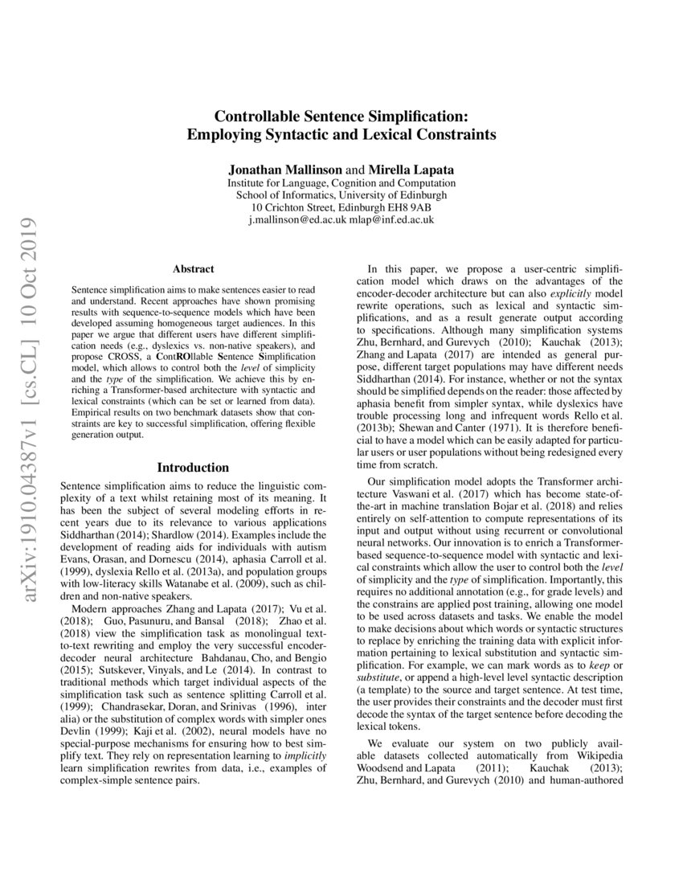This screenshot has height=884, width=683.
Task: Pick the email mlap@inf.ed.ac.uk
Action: [391, 219]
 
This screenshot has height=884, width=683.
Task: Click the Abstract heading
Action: [193, 269]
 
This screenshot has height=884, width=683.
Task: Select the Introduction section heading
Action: [193, 467]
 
